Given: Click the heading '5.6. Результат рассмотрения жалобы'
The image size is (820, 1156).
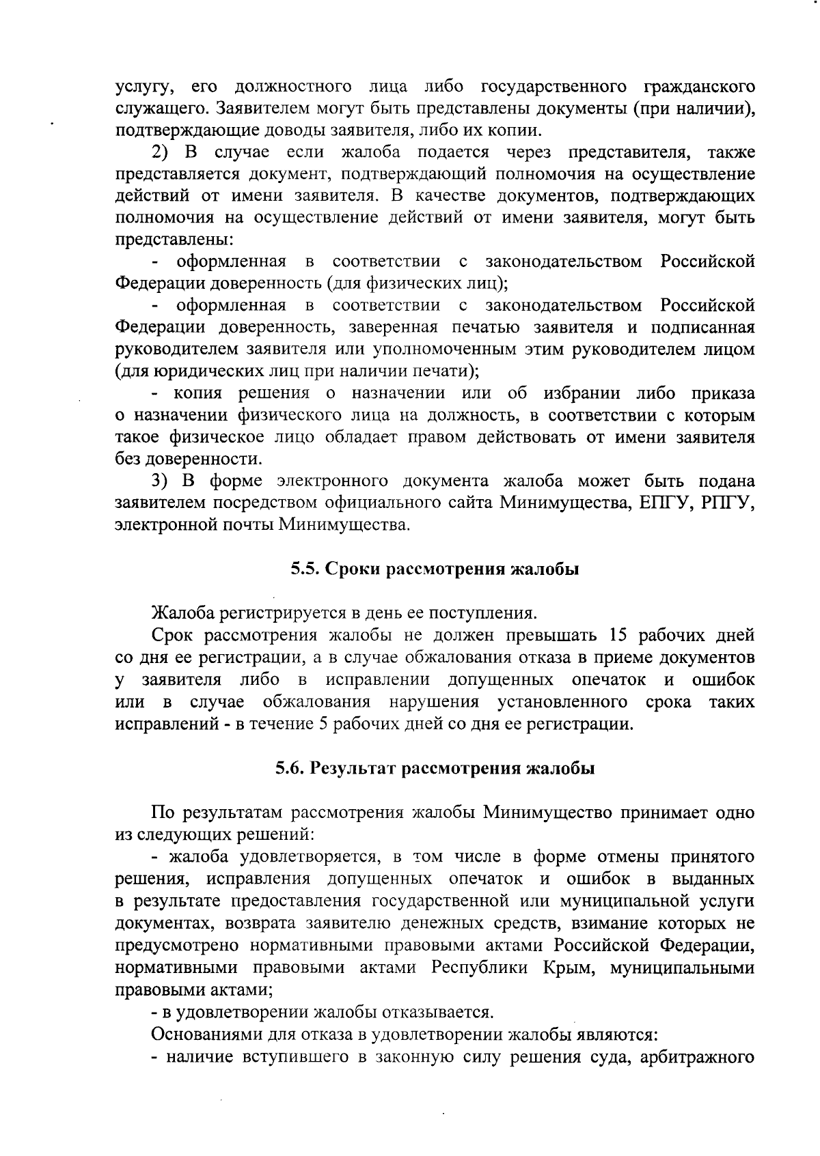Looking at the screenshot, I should (435, 769).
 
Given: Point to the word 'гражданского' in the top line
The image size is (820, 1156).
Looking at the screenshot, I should (700, 87).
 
